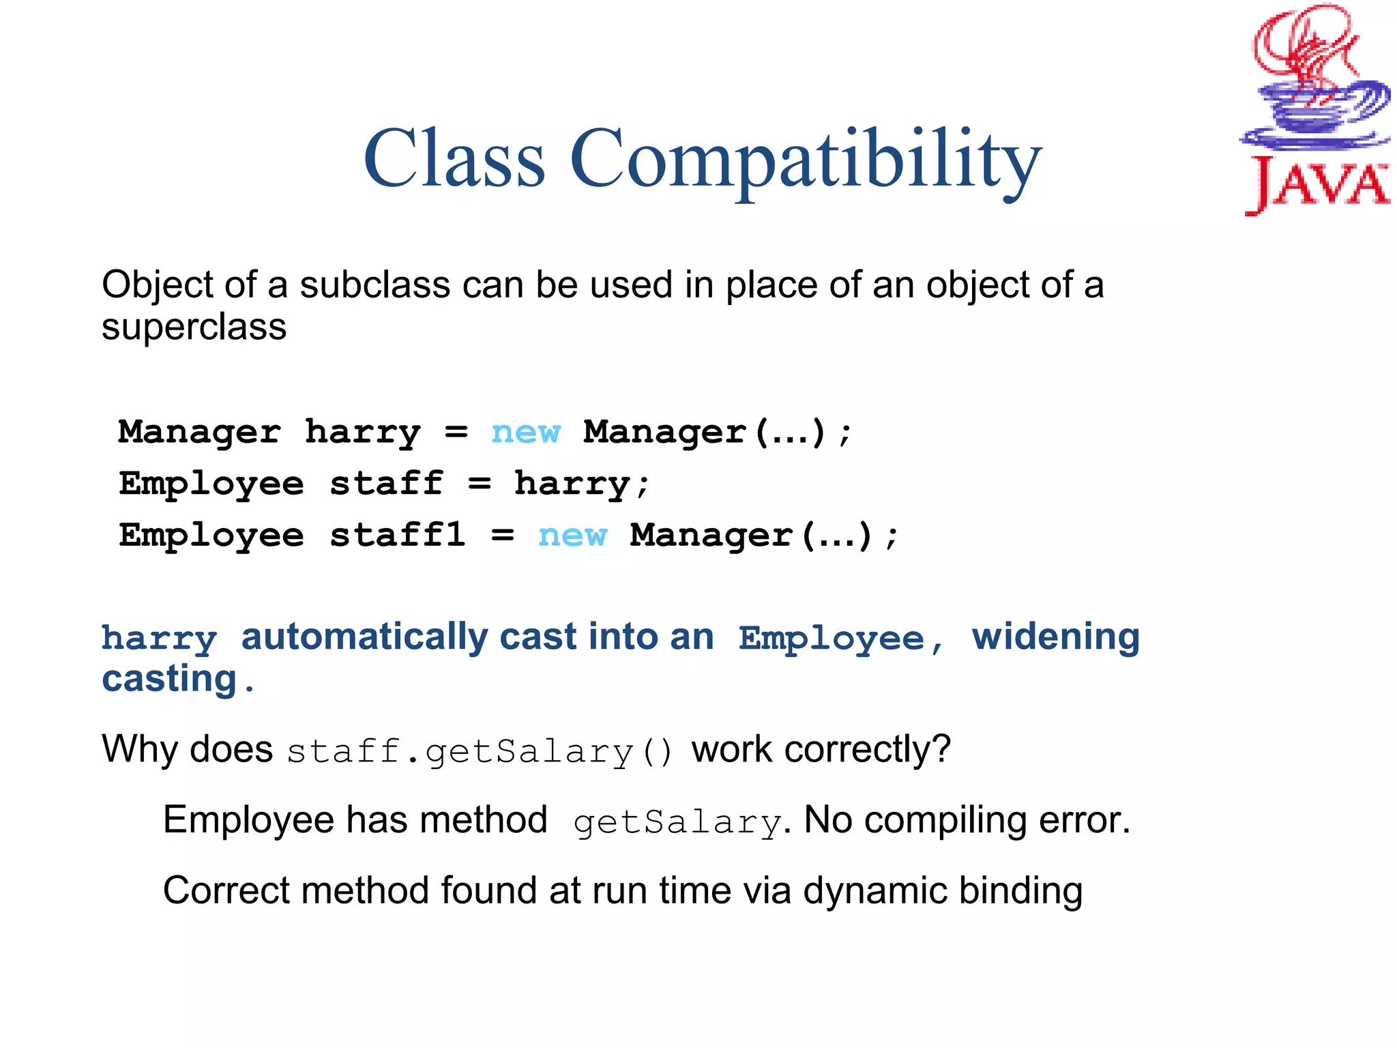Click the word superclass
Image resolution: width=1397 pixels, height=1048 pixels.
[194, 327]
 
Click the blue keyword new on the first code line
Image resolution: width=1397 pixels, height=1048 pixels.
[525, 433]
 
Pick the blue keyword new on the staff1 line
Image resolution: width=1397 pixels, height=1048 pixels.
[572, 536]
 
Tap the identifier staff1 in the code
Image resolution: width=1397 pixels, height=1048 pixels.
[398, 535]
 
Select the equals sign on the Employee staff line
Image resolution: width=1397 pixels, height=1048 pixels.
[480, 484]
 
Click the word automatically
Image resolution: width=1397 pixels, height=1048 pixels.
[364, 637]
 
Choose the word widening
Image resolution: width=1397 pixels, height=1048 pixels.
[1055, 637]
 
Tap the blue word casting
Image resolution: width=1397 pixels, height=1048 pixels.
[168, 680]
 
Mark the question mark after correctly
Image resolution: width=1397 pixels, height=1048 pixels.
[942, 749]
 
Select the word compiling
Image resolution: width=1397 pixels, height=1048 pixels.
[945, 821]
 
